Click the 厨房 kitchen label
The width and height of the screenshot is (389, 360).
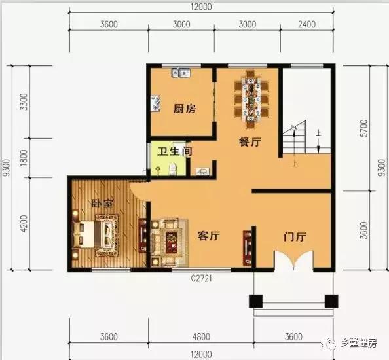click(x=184, y=109)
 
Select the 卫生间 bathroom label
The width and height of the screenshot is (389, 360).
click(x=173, y=151)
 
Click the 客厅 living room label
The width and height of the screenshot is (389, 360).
click(x=208, y=237)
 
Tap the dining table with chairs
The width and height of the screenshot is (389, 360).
click(x=251, y=98)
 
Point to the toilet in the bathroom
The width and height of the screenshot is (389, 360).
click(x=172, y=170)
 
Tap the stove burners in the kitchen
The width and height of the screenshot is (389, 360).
click(x=157, y=103)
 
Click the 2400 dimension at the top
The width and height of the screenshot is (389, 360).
click(x=306, y=25)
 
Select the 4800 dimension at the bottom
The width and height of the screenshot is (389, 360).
click(x=201, y=338)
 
